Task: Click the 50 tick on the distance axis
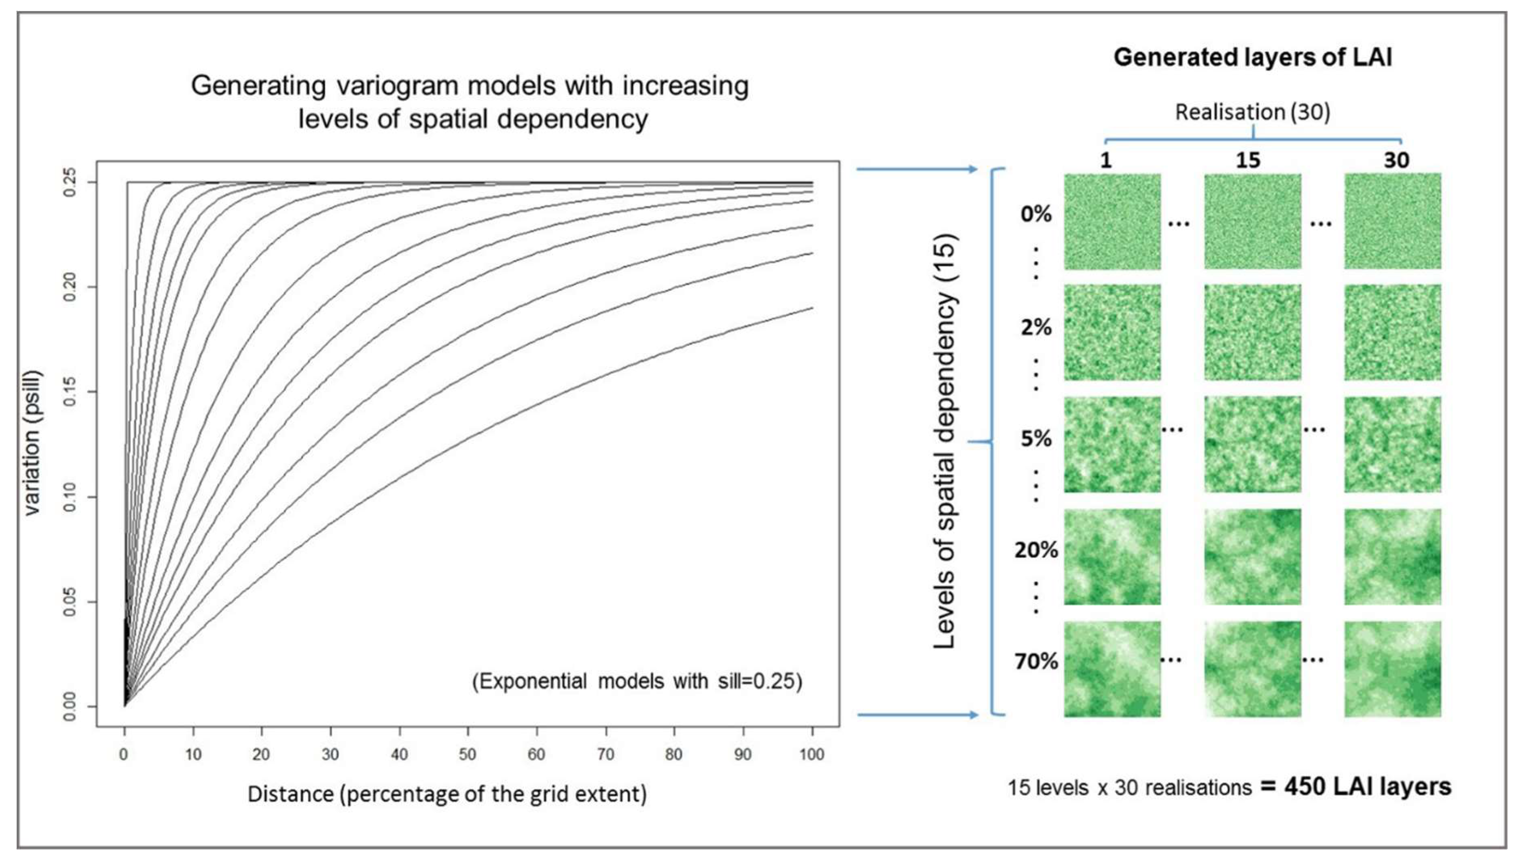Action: [x=468, y=753]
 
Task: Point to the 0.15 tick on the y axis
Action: [x=70, y=392]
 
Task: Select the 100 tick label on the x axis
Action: [x=812, y=753]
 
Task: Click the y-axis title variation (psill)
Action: [x=32, y=443]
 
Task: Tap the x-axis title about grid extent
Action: [x=447, y=794]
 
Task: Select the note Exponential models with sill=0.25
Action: [x=637, y=682]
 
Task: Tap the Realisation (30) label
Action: [x=1252, y=112]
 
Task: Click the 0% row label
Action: [x=1036, y=213]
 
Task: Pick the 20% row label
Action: [x=1036, y=550]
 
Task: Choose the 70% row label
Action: [x=1036, y=661]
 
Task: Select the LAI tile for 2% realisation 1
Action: [x=1112, y=333]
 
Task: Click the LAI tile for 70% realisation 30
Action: [x=1393, y=669]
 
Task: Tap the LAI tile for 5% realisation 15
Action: [x=1252, y=444]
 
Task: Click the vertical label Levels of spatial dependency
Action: [x=944, y=443]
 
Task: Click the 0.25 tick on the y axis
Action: [x=70, y=182]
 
